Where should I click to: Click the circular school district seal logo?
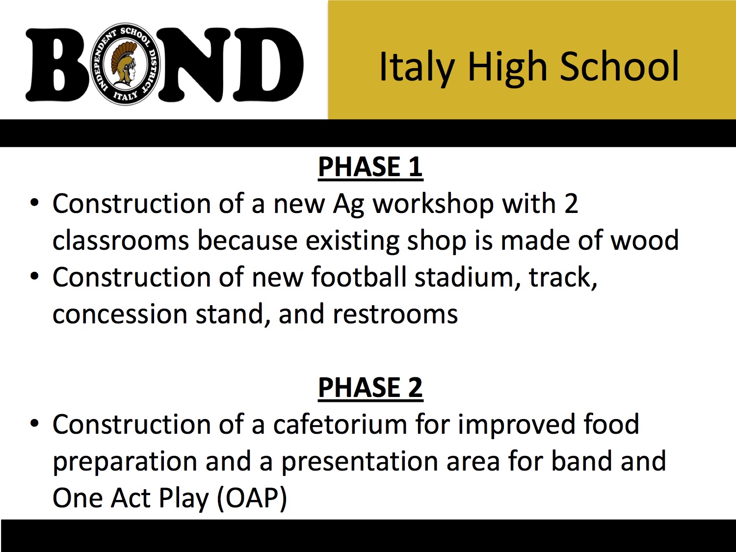(x=126, y=64)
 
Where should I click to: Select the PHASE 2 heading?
(x=370, y=388)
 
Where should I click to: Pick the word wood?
(x=645, y=240)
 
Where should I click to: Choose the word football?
(x=359, y=277)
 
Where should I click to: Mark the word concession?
(x=120, y=315)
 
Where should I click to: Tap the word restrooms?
(x=395, y=315)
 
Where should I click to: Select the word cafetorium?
(x=340, y=424)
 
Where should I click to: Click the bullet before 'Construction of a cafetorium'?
(x=34, y=423)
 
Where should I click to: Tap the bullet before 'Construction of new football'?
(x=34, y=277)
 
